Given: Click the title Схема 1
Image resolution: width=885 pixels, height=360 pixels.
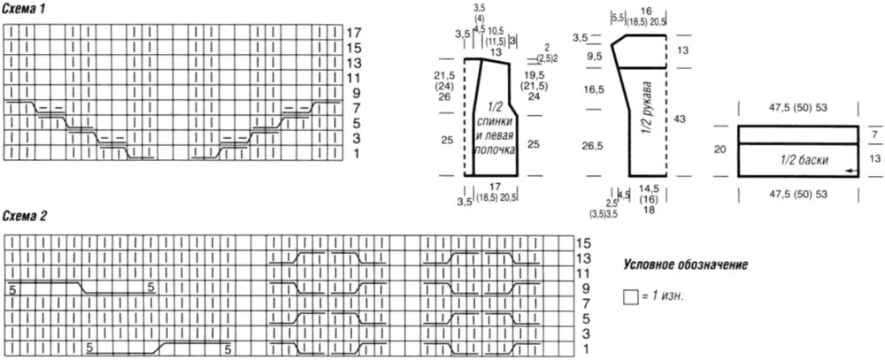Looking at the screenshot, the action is (26, 7).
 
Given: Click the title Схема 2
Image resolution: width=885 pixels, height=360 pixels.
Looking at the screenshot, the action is (27, 217).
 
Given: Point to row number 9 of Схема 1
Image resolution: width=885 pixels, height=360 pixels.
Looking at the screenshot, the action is (355, 92).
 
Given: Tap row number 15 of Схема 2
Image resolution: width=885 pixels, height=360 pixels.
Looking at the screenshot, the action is (583, 242).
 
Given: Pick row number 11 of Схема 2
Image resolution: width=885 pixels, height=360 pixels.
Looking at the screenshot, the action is (583, 272).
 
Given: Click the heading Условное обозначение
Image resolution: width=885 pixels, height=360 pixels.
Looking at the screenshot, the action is (686, 264).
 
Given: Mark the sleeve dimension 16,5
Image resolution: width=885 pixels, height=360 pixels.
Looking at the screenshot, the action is (594, 89).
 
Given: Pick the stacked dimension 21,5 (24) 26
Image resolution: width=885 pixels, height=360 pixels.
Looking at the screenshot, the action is (444, 87).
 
